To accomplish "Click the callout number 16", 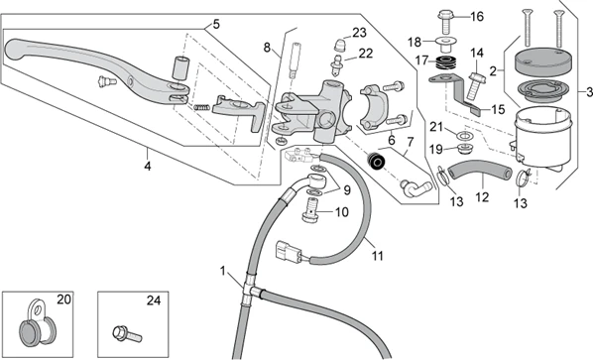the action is point(477,17).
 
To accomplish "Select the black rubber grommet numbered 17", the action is point(445,62).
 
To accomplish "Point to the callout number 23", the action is point(359,33).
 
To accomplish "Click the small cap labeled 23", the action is point(341,46).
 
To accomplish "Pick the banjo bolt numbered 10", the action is point(310,211).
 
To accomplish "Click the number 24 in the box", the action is point(154,300).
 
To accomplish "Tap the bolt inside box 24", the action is point(128,334).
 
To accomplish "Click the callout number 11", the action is point(378,256).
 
